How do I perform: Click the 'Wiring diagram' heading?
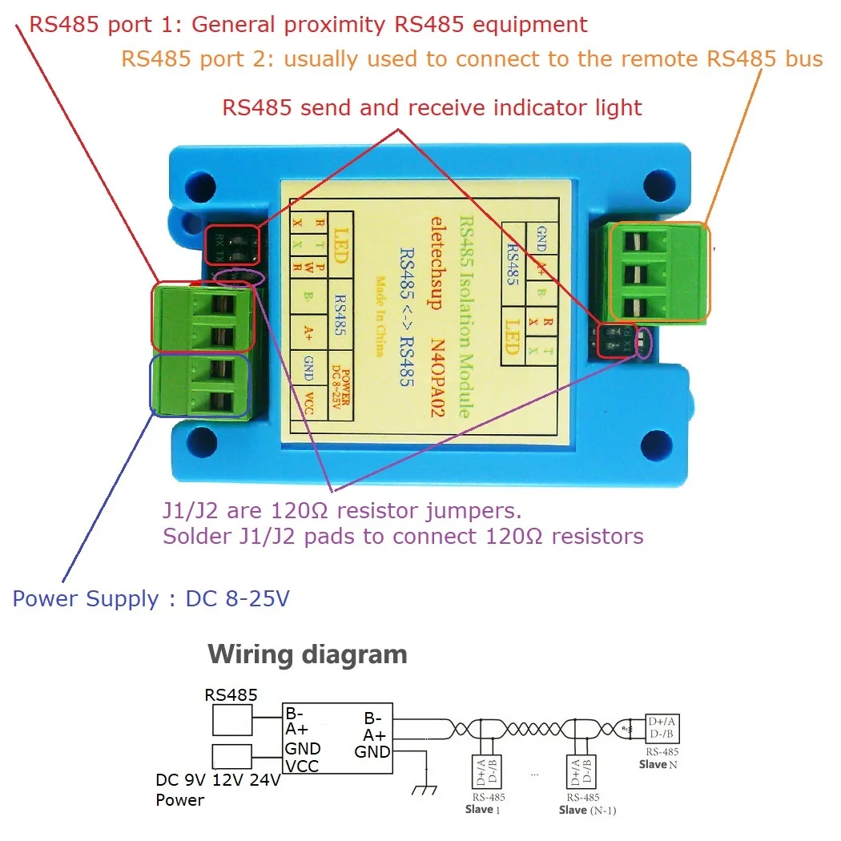(x=308, y=654)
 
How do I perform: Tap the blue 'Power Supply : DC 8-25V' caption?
(x=151, y=599)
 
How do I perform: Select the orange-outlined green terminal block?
(x=658, y=272)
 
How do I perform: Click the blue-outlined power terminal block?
(x=202, y=386)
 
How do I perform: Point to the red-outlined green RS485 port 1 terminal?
(x=202, y=317)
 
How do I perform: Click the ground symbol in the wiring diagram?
(x=423, y=788)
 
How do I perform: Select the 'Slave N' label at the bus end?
(x=658, y=764)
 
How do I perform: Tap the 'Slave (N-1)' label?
(x=587, y=810)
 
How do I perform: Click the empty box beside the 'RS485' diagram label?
(x=231, y=721)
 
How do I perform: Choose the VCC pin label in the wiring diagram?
(x=302, y=767)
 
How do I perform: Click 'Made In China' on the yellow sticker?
(x=380, y=316)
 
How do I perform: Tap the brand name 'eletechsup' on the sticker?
(x=437, y=262)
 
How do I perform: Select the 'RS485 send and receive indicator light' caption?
(x=432, y=107)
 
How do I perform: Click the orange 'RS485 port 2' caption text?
(x=472, y=58)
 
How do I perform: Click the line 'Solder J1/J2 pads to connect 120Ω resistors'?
(x=403, y=536)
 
